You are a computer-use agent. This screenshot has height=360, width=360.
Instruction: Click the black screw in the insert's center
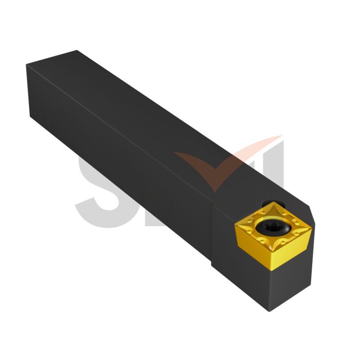coord(271,226)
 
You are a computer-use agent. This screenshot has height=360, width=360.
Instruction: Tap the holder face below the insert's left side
coord(242,273)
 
